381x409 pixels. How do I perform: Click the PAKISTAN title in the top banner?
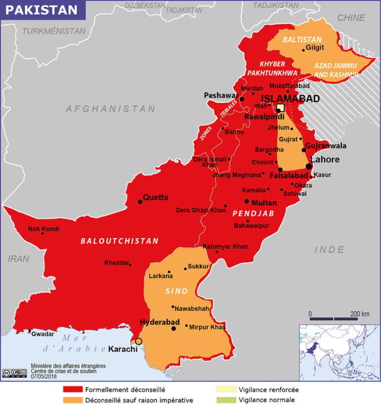(44, 10)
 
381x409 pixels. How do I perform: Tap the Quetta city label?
(155, 197)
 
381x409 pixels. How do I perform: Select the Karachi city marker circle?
(139, 341)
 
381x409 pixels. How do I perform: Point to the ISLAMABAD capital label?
(290, 98)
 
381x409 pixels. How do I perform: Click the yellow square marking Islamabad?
(281, 108)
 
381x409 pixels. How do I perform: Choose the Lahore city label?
(326, 160)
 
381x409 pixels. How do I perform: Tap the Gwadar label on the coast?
(43, 334)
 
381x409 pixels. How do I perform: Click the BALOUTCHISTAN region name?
(120, 241)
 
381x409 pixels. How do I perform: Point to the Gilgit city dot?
(303, 50)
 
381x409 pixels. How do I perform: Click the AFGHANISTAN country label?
(111, 109)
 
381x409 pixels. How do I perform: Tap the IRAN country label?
(18, 259)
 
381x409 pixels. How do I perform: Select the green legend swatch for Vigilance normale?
(226, 400)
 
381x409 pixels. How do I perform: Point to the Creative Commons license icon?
(14, 372)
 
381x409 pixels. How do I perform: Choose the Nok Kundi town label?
(44, 229)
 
